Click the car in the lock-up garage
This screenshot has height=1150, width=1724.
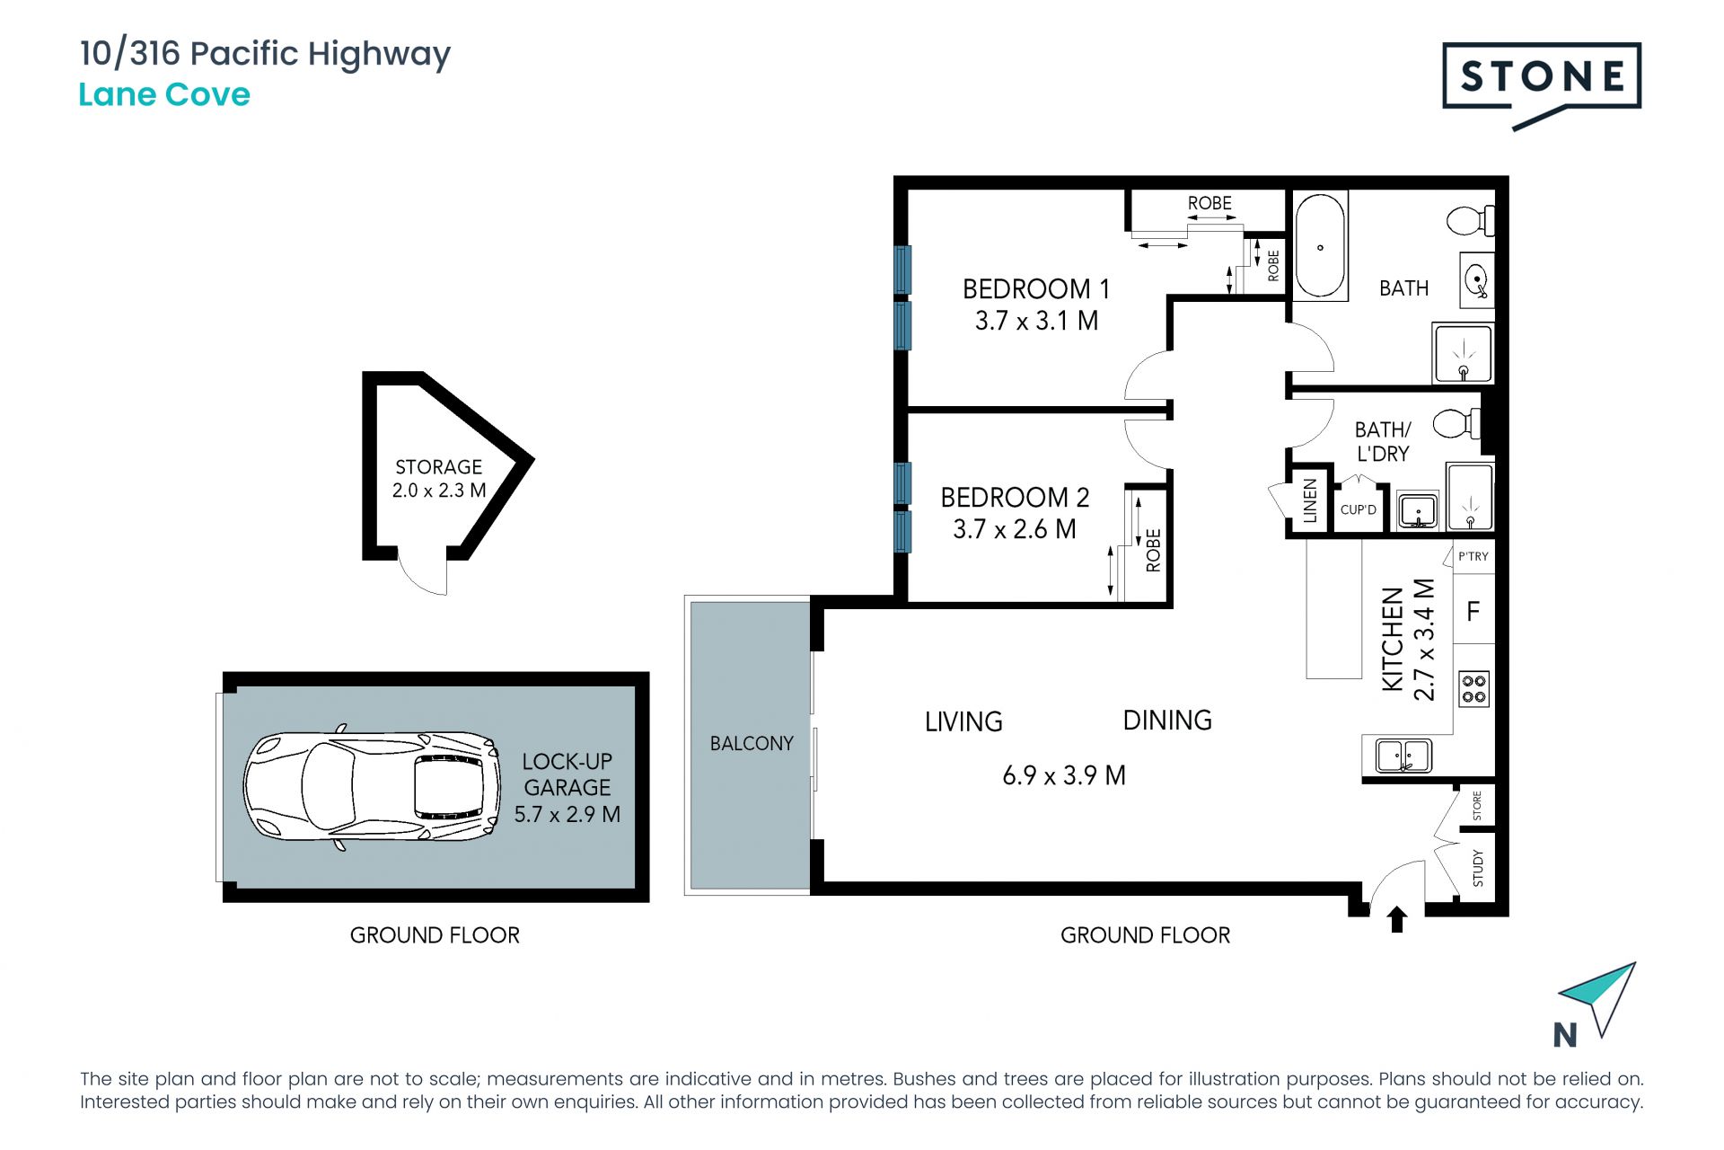tap(372, 787)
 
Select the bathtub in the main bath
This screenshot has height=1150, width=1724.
tap(1320, 245)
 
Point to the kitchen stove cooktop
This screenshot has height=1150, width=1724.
tap(1474, 689)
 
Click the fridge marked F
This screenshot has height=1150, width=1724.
tap(1473, 612)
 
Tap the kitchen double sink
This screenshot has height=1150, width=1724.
tap(1403, 755)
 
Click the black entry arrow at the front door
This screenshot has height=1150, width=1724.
tap(1397, 919)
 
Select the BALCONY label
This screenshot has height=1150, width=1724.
tap(752, 744)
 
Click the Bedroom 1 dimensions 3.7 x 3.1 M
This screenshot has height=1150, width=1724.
tap(1037, 321)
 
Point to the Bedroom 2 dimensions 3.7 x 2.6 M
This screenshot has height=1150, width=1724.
tap(1015, 529)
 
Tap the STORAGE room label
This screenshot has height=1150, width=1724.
tap(439, 467)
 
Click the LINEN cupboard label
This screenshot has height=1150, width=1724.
tap(1310, 500)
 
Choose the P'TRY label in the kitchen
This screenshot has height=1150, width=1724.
tap(1473, 556)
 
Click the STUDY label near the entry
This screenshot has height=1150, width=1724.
tap(1478, 868)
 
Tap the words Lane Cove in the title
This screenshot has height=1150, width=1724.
tap(164, 94)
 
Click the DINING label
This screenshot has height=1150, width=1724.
tap(1167, 721)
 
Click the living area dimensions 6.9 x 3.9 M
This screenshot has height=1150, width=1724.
tap(1064, 775)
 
